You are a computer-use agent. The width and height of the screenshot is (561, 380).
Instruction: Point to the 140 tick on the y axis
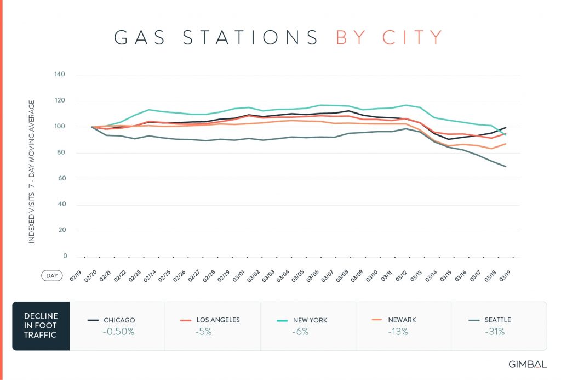click(x=60, y=75)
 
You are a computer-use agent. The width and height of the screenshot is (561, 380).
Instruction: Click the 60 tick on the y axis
click(x=61, y=179)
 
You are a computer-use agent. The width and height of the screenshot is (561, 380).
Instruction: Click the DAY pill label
click(x=51, y=276)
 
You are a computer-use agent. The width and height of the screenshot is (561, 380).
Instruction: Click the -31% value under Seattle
click(x=493, y=331)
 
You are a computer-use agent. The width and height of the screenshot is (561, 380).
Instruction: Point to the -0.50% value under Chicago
click(x=118, y=331)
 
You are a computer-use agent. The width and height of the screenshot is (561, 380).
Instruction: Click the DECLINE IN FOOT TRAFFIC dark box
click(x=41, y=326)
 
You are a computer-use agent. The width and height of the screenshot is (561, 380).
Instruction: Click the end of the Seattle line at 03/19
click(x=505, y=166)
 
